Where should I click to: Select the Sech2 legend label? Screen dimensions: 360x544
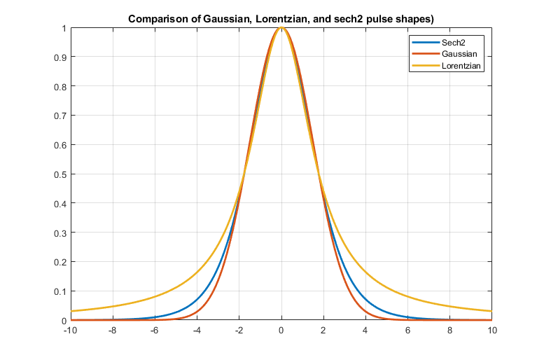(x=453, y=43)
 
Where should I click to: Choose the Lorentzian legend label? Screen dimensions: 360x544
(x=462, y=65)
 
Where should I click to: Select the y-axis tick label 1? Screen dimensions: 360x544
(x=63, y=28)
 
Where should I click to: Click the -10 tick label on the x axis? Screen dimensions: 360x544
(x=71, y=331)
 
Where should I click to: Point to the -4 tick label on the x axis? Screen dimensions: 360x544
(x=197, y=331)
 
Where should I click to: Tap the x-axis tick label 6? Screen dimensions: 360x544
(x=408, y=331)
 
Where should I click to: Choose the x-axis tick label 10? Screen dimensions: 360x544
(x=493, y=331)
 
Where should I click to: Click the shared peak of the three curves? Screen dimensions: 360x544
(x=281, y=28)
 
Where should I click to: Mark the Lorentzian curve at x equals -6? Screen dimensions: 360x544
(x=155, y=296)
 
